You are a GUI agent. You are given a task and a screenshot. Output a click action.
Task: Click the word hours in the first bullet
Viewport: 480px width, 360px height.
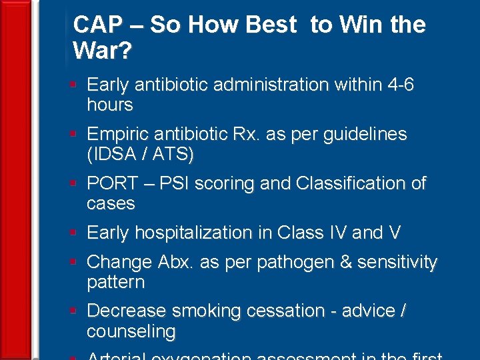(110, 105)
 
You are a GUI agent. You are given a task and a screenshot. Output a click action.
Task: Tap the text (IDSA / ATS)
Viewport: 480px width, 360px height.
(140, 155)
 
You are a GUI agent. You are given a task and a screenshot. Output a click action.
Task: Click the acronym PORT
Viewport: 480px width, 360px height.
(111, 183)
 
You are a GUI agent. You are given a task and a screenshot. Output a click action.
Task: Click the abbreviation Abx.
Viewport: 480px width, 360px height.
(175, 263)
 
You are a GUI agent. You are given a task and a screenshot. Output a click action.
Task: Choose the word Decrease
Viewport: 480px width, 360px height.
(127, 311)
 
